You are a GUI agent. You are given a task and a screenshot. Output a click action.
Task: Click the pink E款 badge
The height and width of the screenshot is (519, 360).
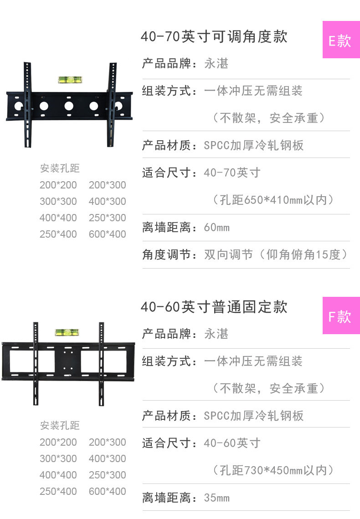coord(341,40)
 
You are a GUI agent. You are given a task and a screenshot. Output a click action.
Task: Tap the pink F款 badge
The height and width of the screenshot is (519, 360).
coord(341,315)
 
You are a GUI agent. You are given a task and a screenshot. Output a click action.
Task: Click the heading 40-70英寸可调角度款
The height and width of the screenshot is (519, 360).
coord(214,36)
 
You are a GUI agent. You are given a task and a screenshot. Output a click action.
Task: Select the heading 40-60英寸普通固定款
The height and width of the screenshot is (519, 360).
coord(214,307)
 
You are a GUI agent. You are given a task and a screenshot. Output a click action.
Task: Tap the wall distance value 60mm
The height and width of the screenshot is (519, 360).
coord(217,227)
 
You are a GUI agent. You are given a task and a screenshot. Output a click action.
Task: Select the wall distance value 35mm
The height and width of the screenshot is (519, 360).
coord(217,498)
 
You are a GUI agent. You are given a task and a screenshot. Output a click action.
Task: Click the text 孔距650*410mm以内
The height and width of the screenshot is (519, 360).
coord(273,200)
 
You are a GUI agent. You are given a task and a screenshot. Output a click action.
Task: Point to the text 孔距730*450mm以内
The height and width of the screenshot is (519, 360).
coord(273,470)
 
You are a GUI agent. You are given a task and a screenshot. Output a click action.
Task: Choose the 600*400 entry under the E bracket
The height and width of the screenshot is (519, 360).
coord(108,234)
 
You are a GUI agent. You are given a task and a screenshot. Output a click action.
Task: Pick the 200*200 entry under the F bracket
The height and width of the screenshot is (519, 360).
coord(58,442)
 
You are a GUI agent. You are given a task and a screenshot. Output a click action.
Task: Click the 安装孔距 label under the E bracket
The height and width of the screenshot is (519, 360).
coord(60,168)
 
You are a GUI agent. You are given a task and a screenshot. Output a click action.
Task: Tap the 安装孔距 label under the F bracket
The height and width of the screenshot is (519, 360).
coord(60,425)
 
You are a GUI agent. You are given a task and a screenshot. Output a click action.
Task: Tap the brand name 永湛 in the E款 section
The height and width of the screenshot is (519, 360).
coord(216,64)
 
